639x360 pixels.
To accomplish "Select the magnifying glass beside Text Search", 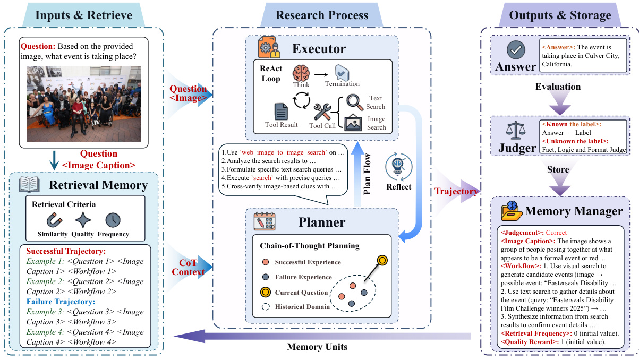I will pyautogui.click(x=354, y=101).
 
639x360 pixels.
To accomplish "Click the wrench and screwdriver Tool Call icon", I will pyautogui.click(x=323, y=112).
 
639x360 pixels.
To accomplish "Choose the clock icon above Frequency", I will pyautogui.click(x=113, y=219).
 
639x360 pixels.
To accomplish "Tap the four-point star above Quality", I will pyautogui.click(x=83, y=219).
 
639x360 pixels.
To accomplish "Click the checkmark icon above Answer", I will pyautogui.click(x=515, y=50).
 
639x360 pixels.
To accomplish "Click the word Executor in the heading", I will pyautogui.click(x=319, y=49).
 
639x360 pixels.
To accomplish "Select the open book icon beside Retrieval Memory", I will pyautogui.click(x=30, y=185).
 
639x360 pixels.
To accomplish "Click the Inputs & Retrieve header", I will pyautogui.click(x=84, y=15).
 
